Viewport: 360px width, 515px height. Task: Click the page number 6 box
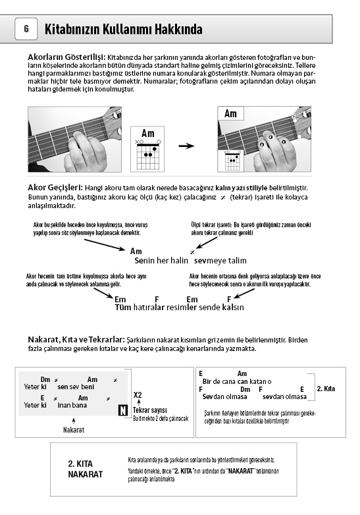point(26,29)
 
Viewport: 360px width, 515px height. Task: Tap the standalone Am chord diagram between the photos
point(147,149)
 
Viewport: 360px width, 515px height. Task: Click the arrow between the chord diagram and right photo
point(186,146)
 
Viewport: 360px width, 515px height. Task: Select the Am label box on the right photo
point(231,114)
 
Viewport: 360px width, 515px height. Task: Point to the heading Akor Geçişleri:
point(55,188)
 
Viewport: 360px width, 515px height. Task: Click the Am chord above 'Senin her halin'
point(136,252)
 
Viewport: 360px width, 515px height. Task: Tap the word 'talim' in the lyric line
point(238,260)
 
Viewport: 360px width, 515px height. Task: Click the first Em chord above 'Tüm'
point(120,299)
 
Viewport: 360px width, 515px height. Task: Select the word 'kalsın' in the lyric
point(233,307)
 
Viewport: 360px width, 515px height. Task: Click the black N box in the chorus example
point(122,410)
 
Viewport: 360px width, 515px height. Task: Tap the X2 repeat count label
point(138,394)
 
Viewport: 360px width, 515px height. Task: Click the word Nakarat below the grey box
point(74,429)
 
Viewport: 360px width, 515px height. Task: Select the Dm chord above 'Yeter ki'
point(45,379)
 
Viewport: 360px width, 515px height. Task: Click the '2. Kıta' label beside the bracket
point(326,389)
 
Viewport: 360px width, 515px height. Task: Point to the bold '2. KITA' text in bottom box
point(80,464)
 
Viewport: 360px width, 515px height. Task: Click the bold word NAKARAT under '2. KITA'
point(86,474)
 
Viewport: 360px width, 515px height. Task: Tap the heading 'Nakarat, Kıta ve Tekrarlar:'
point(76,339)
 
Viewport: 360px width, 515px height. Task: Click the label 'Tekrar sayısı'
point(150,410)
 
